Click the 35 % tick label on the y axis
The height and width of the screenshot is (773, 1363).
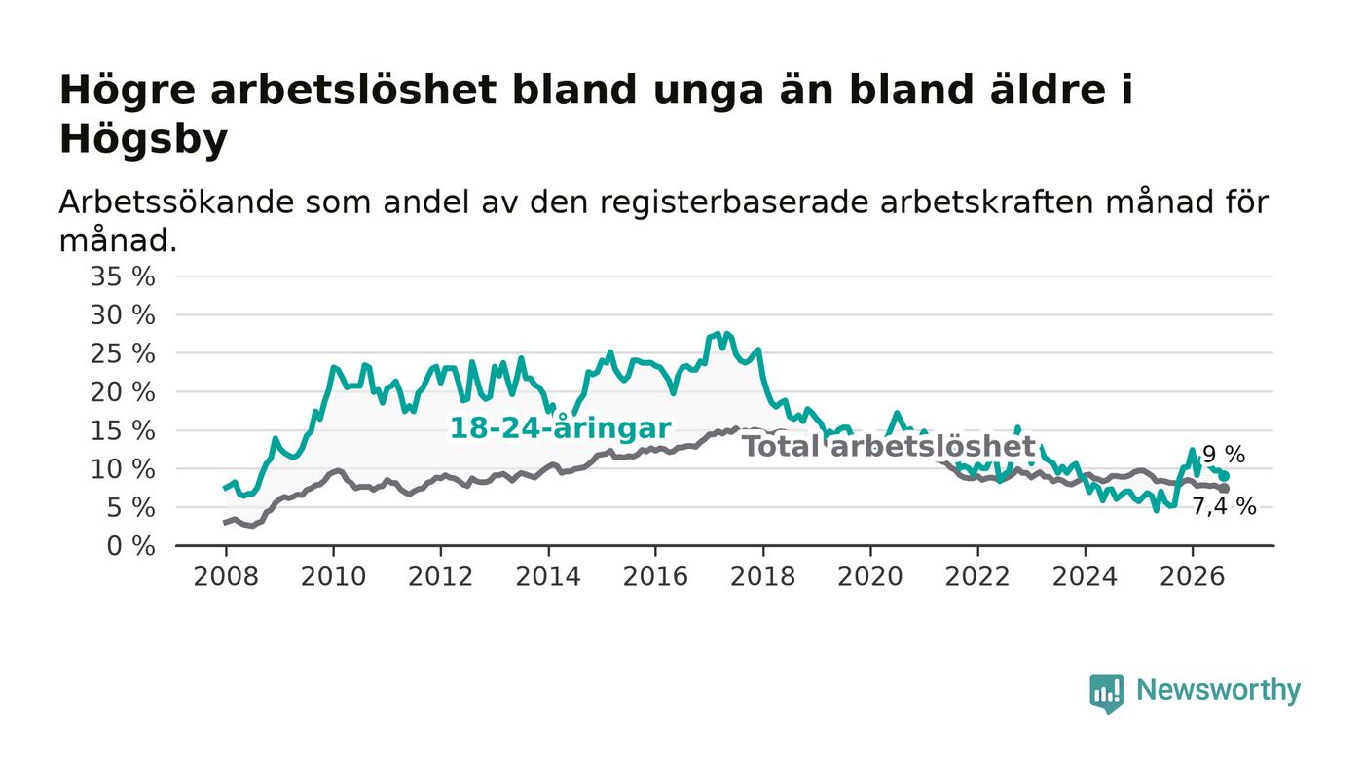[x=123, y=276]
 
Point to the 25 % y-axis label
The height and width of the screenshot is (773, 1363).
[x=123, y=353]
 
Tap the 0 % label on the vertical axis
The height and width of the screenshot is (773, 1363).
[x=130, y=546]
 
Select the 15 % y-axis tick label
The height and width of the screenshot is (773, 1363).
[x=123, y=431]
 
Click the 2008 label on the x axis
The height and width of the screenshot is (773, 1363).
[x=226, y=576]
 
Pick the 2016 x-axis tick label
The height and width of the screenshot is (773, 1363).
[x=655, y=576]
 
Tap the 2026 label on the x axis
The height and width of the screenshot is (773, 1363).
[x=1192, y=576]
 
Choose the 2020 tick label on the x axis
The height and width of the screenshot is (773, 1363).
[x=870, y=576]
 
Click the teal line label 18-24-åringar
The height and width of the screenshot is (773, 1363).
[x=561, y=428]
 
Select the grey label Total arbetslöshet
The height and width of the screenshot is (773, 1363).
[x=889, y=447]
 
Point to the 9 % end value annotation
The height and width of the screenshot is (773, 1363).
[x=1224, y=455]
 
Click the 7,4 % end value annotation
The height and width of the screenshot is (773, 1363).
[x=1224, y=506]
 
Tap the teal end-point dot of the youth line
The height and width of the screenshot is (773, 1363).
[x=1225, y=476]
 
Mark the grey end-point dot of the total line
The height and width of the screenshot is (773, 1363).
[x=1225, y=488]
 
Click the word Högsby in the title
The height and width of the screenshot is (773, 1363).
[x=144, y=139]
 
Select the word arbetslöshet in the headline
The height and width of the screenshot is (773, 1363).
[x=353, y=90]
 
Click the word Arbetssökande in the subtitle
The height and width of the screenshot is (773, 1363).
[x=176, y=202]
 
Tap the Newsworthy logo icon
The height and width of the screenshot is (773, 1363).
[x=1106, y=693]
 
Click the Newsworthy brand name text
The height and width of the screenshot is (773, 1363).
[x=1218, y=690]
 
